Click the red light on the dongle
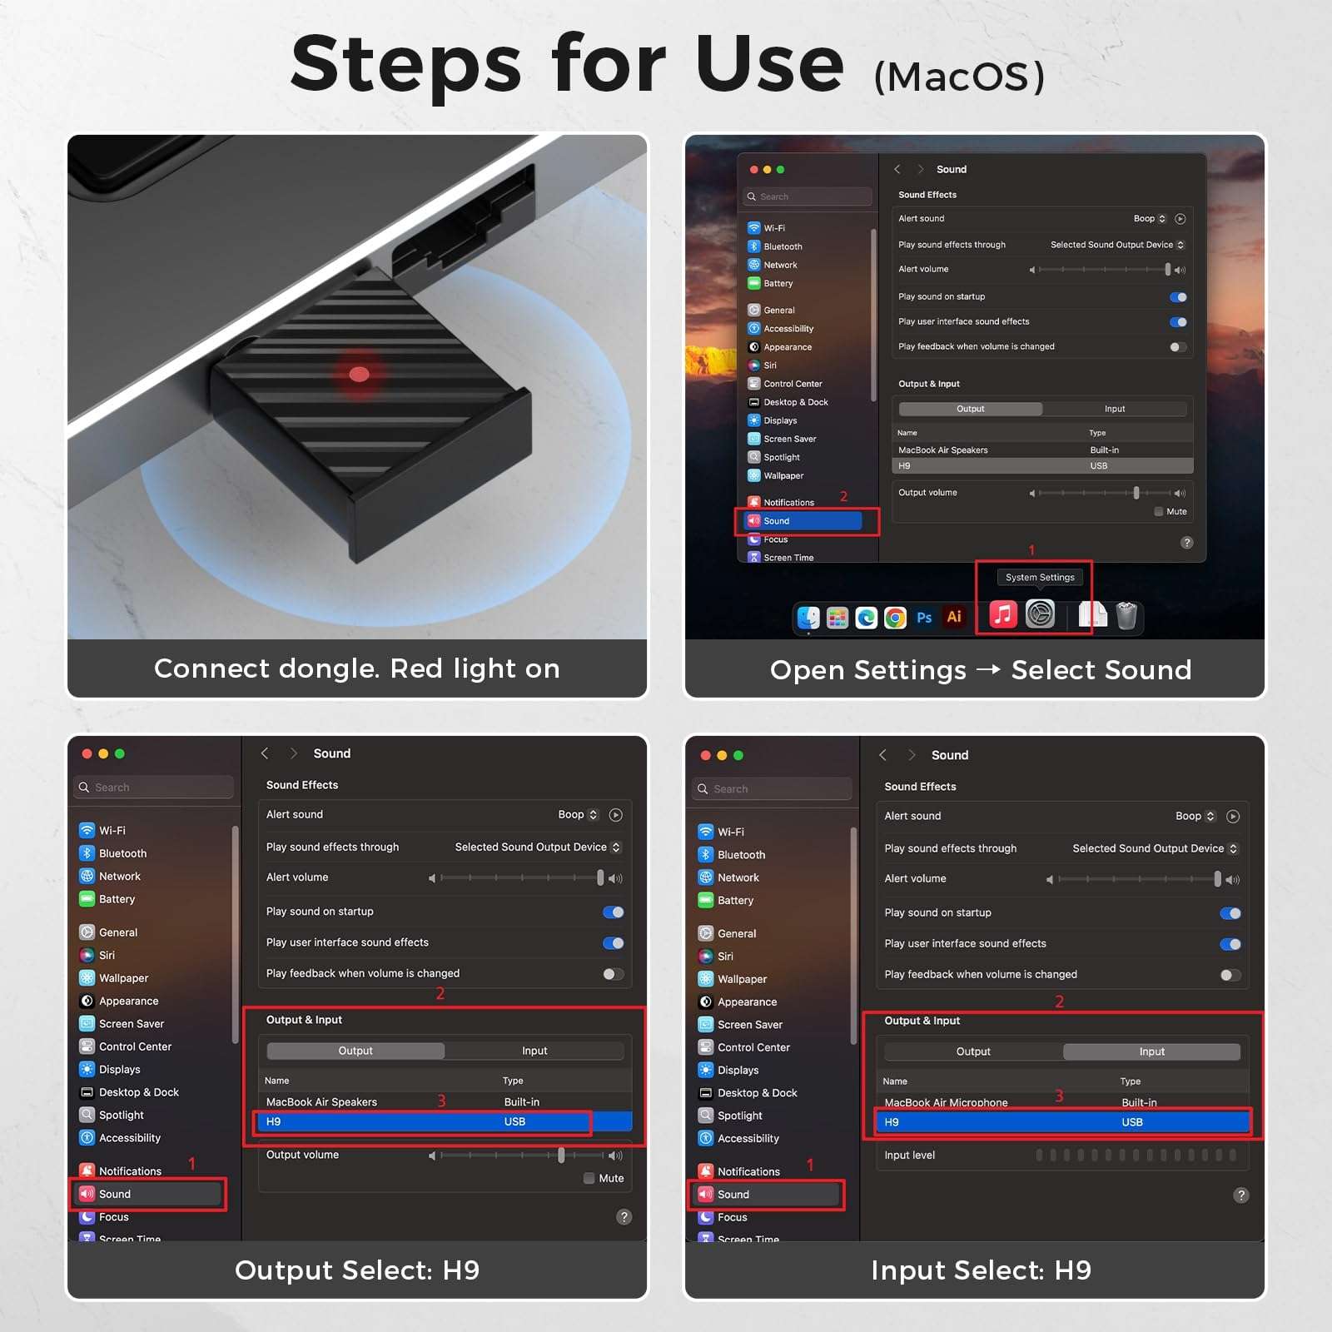tap(359, 374)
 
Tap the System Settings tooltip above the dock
tap(1040, 577)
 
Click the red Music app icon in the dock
tap(1003, 615)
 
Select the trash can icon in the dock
tap(1126, 616)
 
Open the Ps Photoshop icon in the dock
tap(924, 617)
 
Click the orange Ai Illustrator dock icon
tap(954, 617)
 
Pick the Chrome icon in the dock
tap(895, 617)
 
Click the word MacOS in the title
tap(959, 77)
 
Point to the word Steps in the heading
tap(405, 64)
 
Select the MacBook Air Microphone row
tap(1062, 1102)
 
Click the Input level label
tap(909, 1155)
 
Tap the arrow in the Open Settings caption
tap(988, 668)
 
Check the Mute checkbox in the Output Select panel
tap(589, 1178)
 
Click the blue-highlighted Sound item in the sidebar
tap(804, 521)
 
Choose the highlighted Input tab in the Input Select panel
tap(1151, 1051)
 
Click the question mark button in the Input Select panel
tap(1241, 1195)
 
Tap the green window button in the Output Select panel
tap(120, 753)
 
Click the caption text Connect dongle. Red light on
tap(357, 668)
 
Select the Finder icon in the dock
tap(808, 617)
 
